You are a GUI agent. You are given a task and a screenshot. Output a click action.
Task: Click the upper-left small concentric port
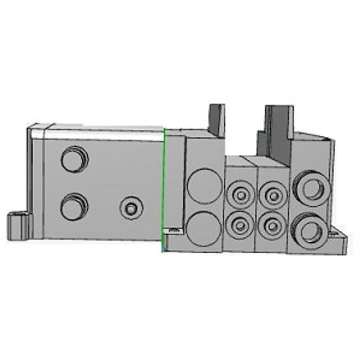point(240,194)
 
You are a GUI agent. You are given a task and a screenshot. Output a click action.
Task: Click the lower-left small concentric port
point(240,223)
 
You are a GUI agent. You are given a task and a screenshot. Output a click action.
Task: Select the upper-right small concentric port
point(272,194)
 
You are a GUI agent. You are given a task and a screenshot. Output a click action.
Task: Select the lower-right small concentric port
point(272,223)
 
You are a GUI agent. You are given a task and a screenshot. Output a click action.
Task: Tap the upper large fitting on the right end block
point(312,188)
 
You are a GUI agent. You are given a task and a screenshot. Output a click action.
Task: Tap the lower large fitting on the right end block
point(312,230)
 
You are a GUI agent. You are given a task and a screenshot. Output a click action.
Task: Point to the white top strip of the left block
point(104,133)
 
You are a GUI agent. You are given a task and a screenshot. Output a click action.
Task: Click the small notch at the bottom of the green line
point(172,230)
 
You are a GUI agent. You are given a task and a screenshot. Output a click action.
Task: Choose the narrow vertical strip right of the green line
point(174,180)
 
